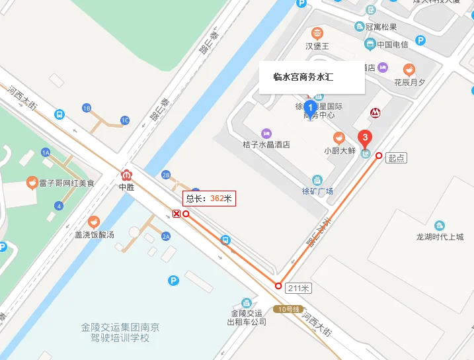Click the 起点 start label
pyautogui.click(x=397, y=157)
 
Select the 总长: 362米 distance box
pyautogui.click(x=209, y=198)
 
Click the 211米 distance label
pyautogui.click(x=298, y=288)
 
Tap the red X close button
pyautogui.click(x=177, y=213)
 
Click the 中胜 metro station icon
pyautogui.click(x=126, y=175)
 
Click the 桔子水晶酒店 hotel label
pyautogui.click(x=266, y=144)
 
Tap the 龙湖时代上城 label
pyautogui.click(x=440, y=237)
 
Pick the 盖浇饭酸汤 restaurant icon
pyautogui.click(x=94, y=222)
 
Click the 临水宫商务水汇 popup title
pyautogui.click(x=303, y=77)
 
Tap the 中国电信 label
pyautogui.click(x=392, y=44)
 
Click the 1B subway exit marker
pyautogui.click(x=87, y=108)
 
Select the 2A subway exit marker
pyautogui.click(x=166, y=236)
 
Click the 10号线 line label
pyautogui.click(x=289, y=309)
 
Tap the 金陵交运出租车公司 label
pyautogui.click(x=247, y=317)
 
